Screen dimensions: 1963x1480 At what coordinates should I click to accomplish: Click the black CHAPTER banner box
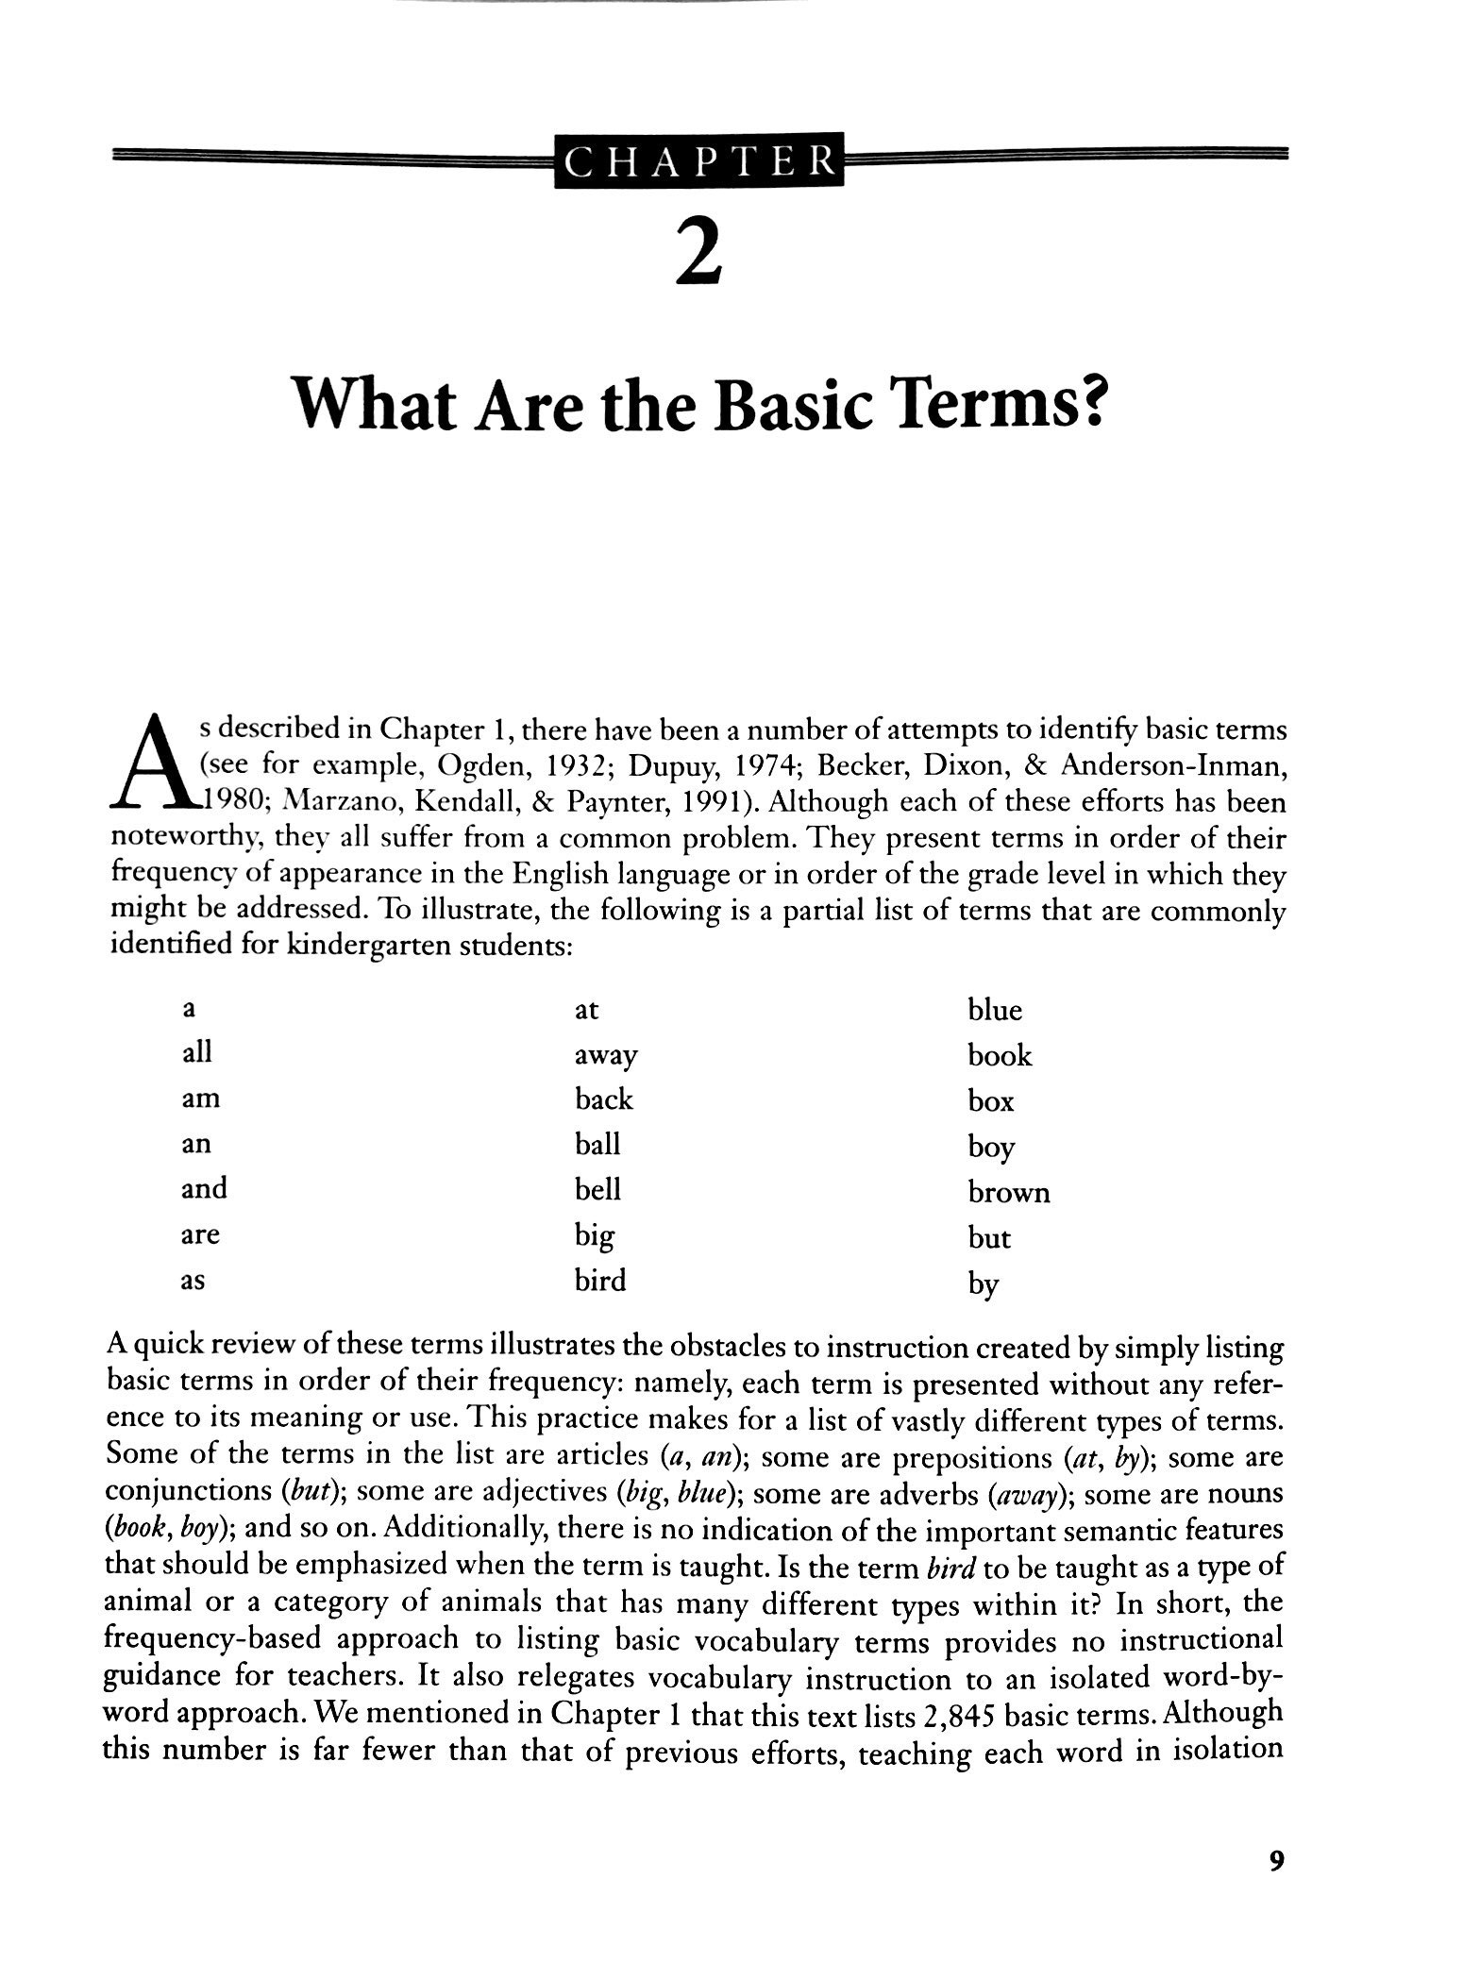click(x=699, y=163)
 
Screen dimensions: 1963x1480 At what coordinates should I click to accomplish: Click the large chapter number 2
click(x=699, y=251)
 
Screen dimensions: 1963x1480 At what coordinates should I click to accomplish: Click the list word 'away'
click(x=606, y=1056)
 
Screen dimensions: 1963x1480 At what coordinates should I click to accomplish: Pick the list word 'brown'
click(x=1008, y=1193)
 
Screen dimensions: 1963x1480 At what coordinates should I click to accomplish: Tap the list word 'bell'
click(x=597, y=1189)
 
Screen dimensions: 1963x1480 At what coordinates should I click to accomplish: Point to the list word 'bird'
click(x=600, y=1281)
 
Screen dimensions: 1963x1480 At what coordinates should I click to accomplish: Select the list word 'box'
click(x=990, y=1101)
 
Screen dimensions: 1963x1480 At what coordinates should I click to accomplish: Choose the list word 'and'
click(x=204, y=1188)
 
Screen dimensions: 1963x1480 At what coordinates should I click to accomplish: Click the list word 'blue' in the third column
click(x=994, y=1011)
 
